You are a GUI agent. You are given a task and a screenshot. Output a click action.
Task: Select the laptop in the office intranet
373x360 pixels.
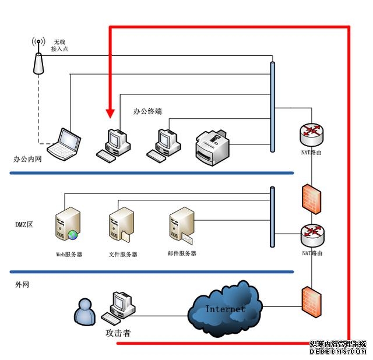click(65, 144)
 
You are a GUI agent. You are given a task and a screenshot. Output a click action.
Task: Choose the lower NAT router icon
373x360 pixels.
click(312, 235)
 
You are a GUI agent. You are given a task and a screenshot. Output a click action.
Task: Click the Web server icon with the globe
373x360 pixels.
click(67, 225)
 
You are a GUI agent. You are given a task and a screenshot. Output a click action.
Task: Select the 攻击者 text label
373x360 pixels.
click(118, 334)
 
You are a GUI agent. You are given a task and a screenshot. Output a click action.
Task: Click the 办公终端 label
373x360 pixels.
click(147, 111)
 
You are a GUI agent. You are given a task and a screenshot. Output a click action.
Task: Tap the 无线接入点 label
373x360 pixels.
click(61, 46)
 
